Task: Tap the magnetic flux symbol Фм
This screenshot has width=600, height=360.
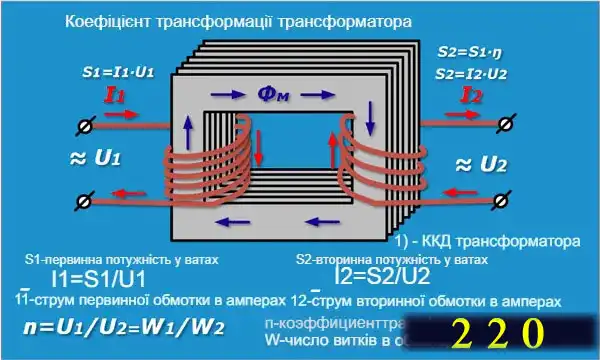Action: click(276, 93)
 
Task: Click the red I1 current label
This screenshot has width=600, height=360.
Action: click(115, 97)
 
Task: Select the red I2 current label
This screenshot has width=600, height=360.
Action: click(473, 97)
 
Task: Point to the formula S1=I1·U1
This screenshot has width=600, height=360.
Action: click(118, 73)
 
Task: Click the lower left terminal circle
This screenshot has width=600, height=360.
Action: click(84, 201)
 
